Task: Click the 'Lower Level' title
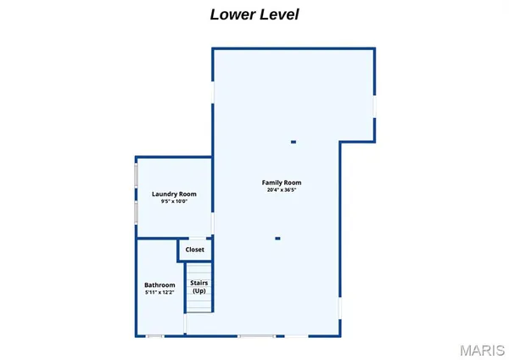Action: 254,14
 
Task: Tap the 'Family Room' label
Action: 282,183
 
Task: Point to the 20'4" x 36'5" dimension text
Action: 282,190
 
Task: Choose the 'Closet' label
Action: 194,250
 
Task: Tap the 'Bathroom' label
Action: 159,284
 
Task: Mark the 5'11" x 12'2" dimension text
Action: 159,292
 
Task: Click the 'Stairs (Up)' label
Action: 199,286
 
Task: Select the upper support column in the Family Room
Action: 294,142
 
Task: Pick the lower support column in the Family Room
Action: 277,239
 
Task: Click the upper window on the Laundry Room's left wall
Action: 136,176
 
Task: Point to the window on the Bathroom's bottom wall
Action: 154,337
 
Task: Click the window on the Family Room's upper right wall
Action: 374,107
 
